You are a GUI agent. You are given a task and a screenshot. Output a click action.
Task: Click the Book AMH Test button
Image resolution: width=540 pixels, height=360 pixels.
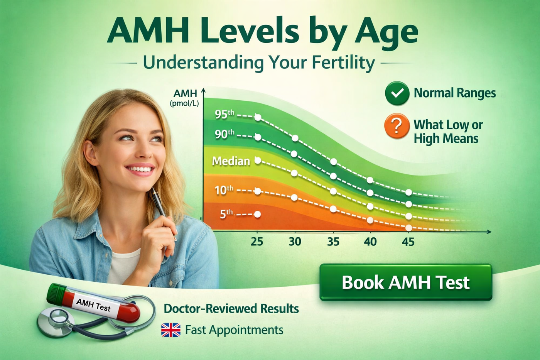pos(406,282)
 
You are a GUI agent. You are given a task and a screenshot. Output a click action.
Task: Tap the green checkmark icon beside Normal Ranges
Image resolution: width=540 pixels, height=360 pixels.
pos(397,93)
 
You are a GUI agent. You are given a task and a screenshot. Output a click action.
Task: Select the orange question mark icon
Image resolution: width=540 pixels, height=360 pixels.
pos(397,126)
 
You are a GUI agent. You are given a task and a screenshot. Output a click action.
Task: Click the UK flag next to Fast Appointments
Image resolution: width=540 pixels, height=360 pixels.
pos(170,330)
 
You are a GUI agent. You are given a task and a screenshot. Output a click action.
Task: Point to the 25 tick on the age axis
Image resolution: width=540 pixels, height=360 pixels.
pos(257,242)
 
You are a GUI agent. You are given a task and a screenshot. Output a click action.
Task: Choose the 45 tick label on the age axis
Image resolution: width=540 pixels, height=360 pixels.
pos(408,242)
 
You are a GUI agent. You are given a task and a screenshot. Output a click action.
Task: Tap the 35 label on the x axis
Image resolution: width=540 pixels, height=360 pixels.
pos(333,242)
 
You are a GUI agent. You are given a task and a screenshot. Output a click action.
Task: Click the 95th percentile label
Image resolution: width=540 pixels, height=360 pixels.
pos(224,114)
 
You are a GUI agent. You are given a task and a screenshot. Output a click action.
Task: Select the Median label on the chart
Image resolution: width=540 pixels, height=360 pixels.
pos(231,161)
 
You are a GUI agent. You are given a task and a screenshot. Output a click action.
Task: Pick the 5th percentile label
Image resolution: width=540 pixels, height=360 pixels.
pos(226,214)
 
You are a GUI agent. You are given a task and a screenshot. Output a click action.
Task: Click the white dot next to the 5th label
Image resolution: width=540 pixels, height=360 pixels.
pos(258,214)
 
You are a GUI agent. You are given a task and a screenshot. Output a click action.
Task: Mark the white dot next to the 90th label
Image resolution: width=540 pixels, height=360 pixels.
pos(258,137)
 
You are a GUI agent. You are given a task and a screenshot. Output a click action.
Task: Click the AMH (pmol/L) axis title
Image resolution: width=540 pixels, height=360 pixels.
pos(185,98)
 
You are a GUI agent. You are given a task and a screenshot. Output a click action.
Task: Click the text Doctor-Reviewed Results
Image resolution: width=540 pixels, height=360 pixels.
pos(231,309)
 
